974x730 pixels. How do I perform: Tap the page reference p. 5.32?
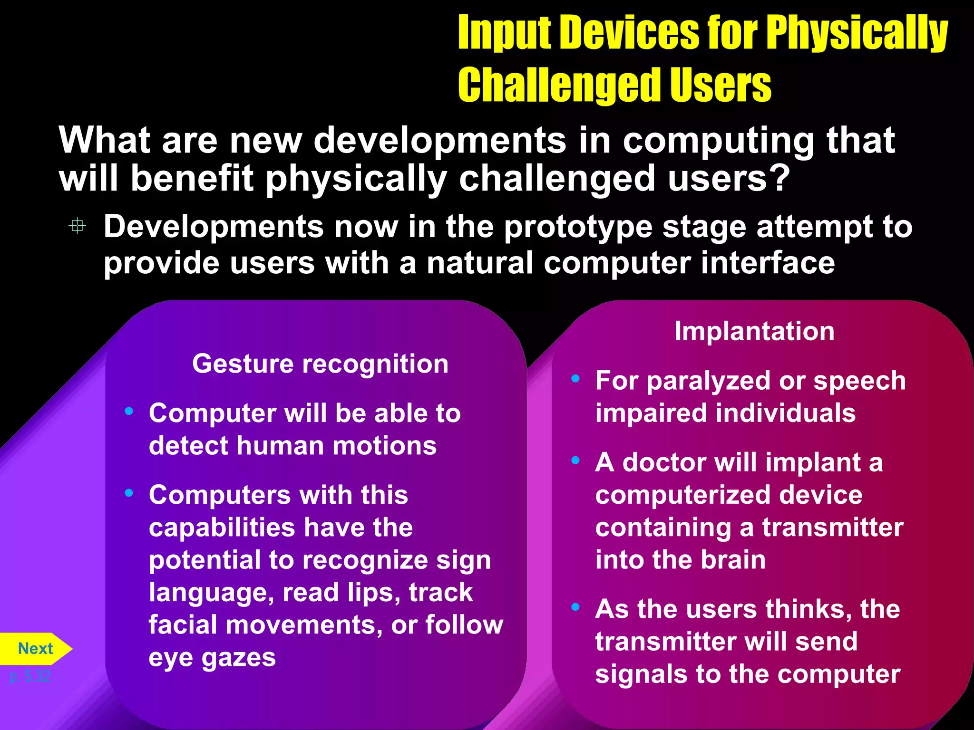point(29,676)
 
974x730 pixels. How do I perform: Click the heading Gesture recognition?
point(320,364)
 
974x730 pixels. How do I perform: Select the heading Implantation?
point(754,331)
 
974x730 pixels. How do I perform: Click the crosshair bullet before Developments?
point(78,226)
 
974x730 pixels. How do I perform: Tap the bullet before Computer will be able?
point(129,411)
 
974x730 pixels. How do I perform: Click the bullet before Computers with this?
point(129,493)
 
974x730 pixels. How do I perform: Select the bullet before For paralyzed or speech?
point(575,379)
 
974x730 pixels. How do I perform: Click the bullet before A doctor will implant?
point(575,461)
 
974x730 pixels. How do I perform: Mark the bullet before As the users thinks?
point(575,607)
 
